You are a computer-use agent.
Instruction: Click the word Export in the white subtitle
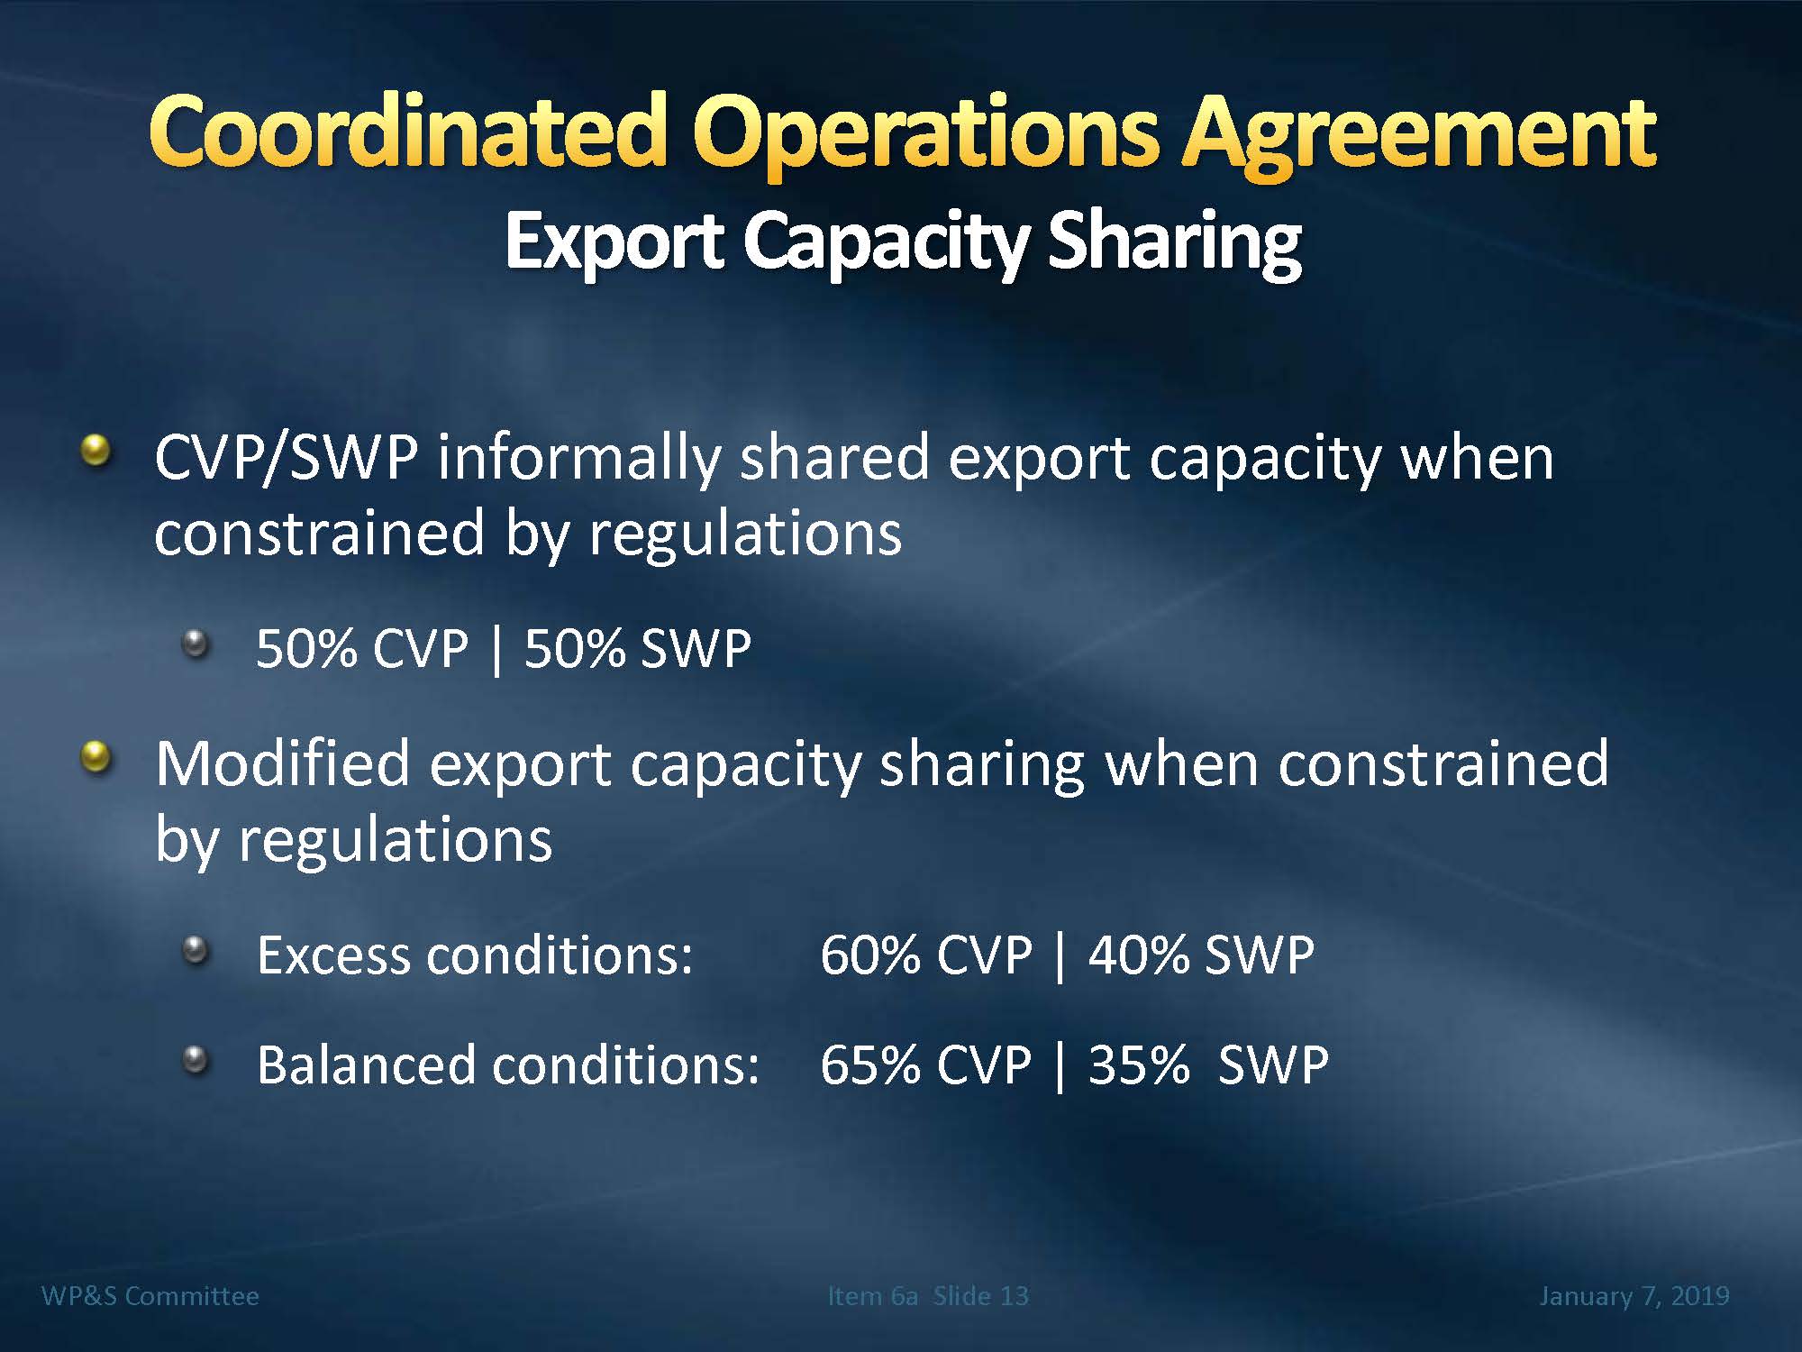point(614,241)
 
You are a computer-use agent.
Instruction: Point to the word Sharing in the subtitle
point(1175,242)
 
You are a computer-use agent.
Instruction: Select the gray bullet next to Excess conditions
point(195,949)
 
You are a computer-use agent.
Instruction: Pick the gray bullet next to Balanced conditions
point(195,1059)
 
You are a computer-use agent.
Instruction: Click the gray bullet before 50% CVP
point(195,644)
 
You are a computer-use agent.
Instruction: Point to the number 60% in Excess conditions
point(869,955)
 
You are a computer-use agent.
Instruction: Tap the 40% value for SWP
point(1138,955)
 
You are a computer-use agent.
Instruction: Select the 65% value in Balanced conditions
point(869,1065)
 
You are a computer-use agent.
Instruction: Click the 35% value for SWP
point(1138,1065)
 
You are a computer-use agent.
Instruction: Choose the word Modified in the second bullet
point(283,763)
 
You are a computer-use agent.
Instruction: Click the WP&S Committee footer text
point(150,1296)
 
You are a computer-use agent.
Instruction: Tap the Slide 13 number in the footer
point(980,1296)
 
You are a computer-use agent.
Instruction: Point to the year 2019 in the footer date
point(1699,1296)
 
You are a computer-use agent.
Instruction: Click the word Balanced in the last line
point(366,1065)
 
